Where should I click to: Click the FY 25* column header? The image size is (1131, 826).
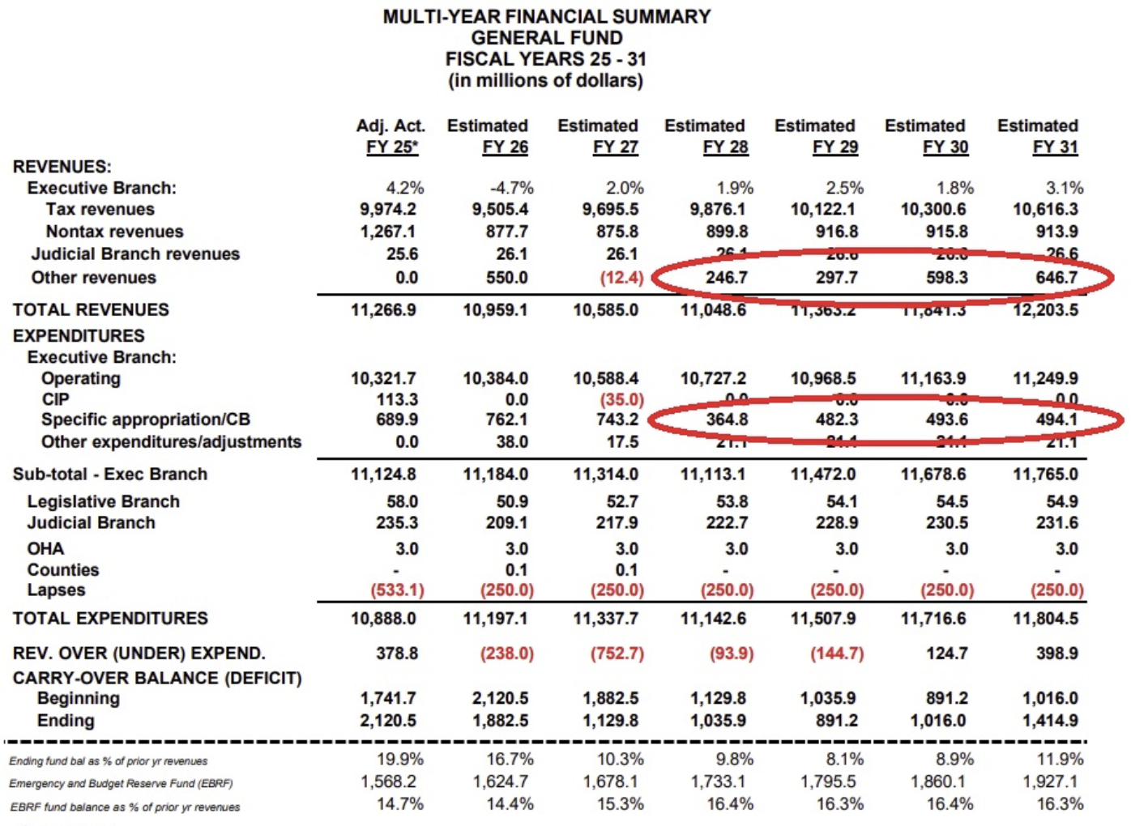391,147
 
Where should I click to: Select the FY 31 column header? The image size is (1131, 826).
1055,147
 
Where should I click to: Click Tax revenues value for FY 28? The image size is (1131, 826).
717,210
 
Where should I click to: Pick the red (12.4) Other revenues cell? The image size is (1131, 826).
621,278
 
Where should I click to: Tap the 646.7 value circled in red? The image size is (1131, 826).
1056,278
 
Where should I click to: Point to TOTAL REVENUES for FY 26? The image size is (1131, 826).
495,310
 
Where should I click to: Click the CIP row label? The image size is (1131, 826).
55,399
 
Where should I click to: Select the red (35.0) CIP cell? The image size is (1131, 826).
621,399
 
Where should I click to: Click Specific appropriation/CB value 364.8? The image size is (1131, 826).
726,420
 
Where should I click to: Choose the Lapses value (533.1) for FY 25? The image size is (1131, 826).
397,590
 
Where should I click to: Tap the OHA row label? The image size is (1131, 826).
45,549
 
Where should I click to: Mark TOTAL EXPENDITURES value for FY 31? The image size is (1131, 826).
1045,619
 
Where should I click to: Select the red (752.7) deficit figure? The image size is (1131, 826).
617,654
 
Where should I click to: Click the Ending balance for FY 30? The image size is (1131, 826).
937,721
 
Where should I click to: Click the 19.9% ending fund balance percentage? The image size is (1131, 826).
399,760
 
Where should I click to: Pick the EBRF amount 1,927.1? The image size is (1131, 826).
1049,782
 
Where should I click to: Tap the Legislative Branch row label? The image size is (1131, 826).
103,502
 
